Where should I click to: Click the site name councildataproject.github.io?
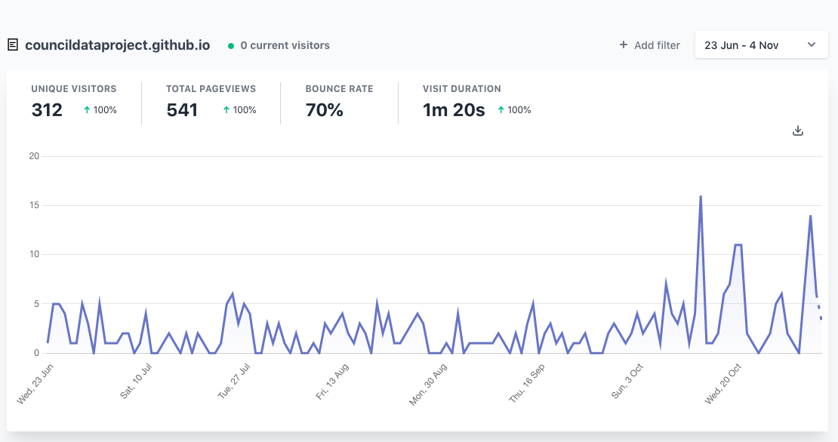pyautogui.click(x=117, y=45)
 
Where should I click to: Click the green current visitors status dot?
pyautogui.click(x=231, y=46)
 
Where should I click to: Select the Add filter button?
pyautogui.click(x=649, y=45)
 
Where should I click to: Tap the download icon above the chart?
pyautogui.click(x=798, y=130)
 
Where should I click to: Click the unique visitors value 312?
pyautogui.click(x=47, y=110)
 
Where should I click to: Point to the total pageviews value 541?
pyautogui.click(x=182, y=110)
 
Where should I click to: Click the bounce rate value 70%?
pyautogui.click(x=325, y=110)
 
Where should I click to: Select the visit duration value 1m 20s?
pyautogui.click(x=454, y=110)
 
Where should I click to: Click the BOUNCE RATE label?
pyautogui.click(x=339, y=89)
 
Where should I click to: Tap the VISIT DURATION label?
pyautogui.click(x=462, y=89)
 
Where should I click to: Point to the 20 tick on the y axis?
pyautogui.click(x=34, y=156)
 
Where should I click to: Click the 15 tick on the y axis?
pyautogui.click(x=34, y=205)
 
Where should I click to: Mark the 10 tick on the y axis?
pyautogui.click(x=34, y=254)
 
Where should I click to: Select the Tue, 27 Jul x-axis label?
pyautogui.click(x=234, y=382)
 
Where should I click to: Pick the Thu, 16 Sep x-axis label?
pyautogui.click(x=527, y=382)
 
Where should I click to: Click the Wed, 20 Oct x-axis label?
pyautogui.click(x=723, y=384)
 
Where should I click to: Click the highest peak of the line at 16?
pyautogui.click(x=701, y=197)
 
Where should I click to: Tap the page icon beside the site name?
pyautogui.click(x=13, y=45)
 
